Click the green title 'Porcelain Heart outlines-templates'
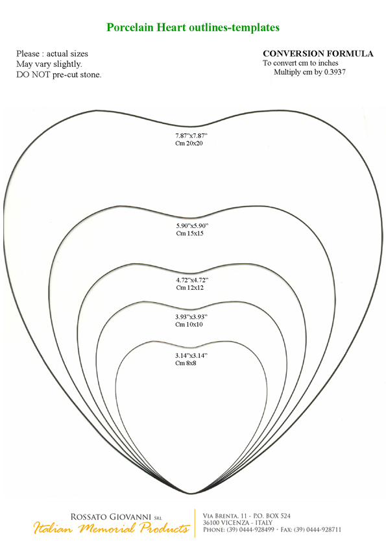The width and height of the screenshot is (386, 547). pyautogui.click(x=193, y=27)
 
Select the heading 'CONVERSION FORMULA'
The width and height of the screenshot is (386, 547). pyautogui.click(x=318, y=54)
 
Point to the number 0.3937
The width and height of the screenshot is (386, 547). pyautogui.click(x=335, y=72)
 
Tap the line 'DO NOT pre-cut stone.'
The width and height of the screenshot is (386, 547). pyautogui.click(x=59, y=75)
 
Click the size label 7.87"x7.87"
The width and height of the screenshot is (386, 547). pyautogui.click(x=191, y=136)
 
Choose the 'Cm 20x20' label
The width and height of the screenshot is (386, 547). pyautogui.click(x=189, y=144)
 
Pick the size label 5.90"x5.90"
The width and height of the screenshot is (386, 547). pyautogui.click(x=192, y=225)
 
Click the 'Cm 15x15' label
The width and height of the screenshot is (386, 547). pyautogui.click(x=190, y=233)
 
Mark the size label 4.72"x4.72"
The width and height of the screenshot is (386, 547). pyautogui.click(x=192, y=280)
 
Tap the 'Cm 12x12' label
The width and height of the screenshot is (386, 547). pyautogui.click(x=190, y=288)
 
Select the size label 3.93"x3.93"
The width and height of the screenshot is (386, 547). pyautogui.click(x=191, y=317)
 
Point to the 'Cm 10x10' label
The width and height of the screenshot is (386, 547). pyautogui.click(x=189, y=325)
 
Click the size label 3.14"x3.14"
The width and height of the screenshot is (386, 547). pyautogui.click(x=191, y=356)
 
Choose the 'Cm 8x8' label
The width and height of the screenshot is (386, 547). pyautogui.click(x=186, y=364)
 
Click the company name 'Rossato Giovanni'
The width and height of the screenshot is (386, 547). pyautogui.click(x=111, y=517)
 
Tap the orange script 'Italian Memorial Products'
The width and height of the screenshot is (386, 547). pyautogui.click(x=112, y=528)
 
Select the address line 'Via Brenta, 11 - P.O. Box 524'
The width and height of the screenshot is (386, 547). pyautogui.click(x=247, y=516)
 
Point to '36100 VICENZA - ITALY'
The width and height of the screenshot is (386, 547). pyautogui.click(x=237, y=523)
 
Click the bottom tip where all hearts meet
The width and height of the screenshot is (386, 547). pyautogui.click(x=191, y=493)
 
